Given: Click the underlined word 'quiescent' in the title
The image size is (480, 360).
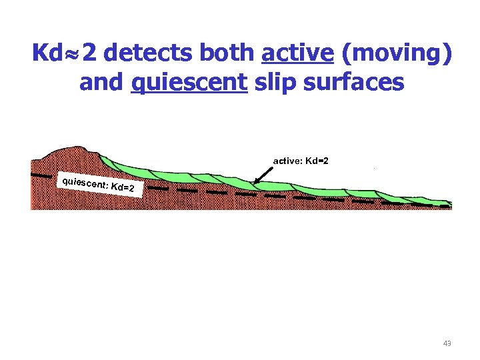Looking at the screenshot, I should coord(189,83).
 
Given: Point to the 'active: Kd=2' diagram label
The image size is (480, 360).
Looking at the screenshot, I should coord(301,161).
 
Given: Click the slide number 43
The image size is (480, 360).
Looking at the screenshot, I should coord(447,343).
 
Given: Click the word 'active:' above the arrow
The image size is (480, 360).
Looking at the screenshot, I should coord(287,161).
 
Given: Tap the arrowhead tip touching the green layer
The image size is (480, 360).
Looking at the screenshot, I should coord(255,183).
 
